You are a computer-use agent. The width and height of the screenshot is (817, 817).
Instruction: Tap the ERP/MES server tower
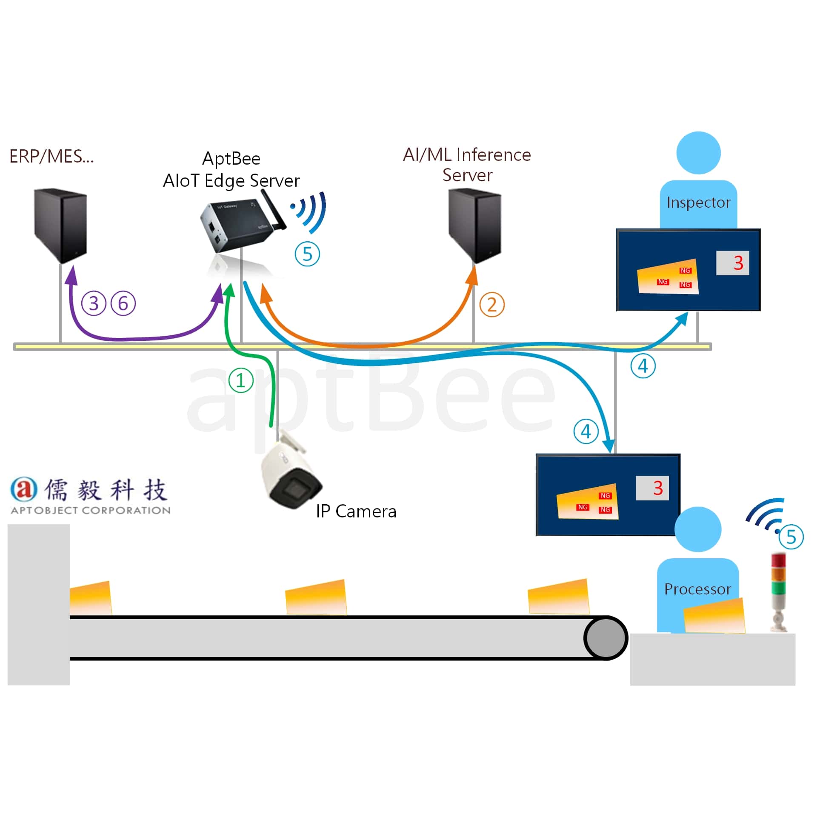(x=60, y=226)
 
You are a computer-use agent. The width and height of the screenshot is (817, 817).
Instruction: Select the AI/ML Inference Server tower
(x=475, y=226)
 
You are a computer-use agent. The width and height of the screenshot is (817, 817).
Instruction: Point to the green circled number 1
(x=241, y=380)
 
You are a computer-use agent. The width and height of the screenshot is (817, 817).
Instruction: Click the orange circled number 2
(x=492, y=305)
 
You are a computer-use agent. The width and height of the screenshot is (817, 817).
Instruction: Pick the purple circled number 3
(x=94, y=303)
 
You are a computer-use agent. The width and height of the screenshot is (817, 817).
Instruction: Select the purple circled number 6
(x=123, y=303)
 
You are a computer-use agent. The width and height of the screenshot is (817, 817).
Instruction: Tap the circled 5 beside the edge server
(x=307, y=254)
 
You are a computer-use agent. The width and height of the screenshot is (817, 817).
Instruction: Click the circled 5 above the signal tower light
(x=791, y=537)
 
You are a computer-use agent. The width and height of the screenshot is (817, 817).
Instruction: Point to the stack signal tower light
(x=779, y=591)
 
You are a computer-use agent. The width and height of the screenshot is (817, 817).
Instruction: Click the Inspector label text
(x=699, y=203)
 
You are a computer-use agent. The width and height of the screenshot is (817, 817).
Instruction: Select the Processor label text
(x=697, y=589)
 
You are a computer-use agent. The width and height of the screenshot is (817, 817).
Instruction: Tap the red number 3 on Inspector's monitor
(x=738, y=263)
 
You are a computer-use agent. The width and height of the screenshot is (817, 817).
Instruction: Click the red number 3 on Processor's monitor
(x=658, y=488)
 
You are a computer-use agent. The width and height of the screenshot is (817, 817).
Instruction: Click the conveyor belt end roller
(x=606, y=638)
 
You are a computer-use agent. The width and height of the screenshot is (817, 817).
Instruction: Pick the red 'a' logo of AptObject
(x=24, y=489)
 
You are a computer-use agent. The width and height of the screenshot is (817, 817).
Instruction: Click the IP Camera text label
(x=356, y=511)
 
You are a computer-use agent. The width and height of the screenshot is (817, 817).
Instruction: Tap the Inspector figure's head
(x=699, y=153)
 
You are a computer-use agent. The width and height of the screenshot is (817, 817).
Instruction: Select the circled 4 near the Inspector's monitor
(x=643, y=366)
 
